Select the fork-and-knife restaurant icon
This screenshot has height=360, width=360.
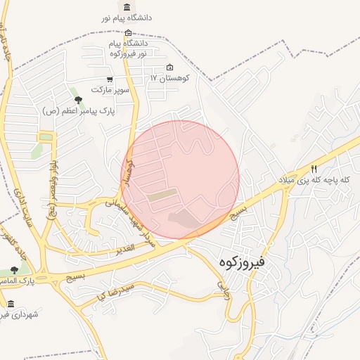tap(314, 169)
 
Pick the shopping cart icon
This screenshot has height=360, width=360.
tap(109, 79)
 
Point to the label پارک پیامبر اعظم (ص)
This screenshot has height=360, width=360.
tap(79, 110)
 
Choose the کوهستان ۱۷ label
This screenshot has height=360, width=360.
tap(169, 78)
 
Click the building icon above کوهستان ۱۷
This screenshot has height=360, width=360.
tap(169, 67)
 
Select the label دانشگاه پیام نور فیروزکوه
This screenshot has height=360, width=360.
tap(127, 49)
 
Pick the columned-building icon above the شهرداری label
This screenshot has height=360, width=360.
tap(10, 304)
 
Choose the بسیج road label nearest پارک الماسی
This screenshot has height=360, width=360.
tap(75, 276)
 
